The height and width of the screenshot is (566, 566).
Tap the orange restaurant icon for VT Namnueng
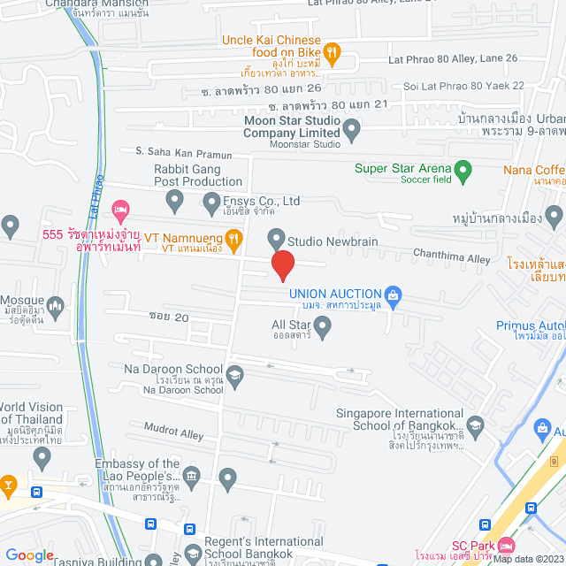tap(233, 237)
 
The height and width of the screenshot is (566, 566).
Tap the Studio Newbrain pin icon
tap(276, 237)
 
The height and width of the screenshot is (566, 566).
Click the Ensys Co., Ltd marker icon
tap(211, 204)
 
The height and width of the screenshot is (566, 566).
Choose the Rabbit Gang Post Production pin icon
tap(175, 202)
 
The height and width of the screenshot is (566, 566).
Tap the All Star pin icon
tap(323, 328)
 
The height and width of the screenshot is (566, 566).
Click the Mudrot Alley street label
tap(173, 431)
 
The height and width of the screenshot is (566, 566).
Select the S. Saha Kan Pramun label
tap(183, 154)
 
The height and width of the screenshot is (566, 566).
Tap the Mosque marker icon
tap(55, 308)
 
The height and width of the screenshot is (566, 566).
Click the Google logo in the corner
tap(28, 555)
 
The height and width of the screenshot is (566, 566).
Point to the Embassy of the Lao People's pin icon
tap(228, 480)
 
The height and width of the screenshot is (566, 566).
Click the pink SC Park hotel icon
tap(506, 545)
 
